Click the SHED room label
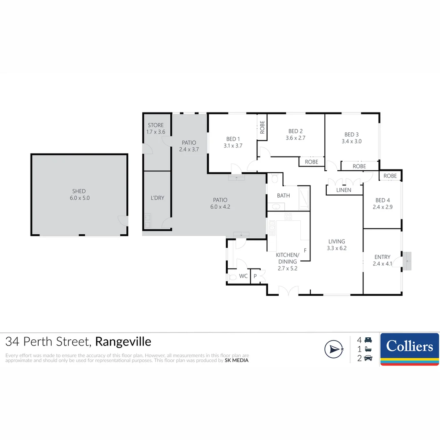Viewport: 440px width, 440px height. click(79, 191)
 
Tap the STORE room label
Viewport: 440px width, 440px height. click(156, 125)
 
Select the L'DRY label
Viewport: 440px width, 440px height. click(157, 198)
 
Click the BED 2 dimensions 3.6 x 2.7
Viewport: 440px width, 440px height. click(295, 138)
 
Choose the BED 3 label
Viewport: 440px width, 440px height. click(352, 134)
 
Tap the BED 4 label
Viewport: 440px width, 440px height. click(383, 200)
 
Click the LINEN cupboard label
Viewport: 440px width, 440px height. click(344, 190)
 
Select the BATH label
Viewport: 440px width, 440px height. click(283, 196)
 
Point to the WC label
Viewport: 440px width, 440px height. click(243, 276)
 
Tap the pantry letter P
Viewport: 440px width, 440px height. click(255, 276)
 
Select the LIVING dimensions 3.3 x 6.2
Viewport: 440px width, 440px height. click(337, 248)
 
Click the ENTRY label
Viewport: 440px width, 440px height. click(382, 257)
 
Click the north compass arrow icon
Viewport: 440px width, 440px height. click(334, 349)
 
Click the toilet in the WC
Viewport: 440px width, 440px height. click(233, 277)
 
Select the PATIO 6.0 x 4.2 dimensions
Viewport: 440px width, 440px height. click(220, 207)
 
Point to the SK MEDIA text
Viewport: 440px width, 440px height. click(237, 360)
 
